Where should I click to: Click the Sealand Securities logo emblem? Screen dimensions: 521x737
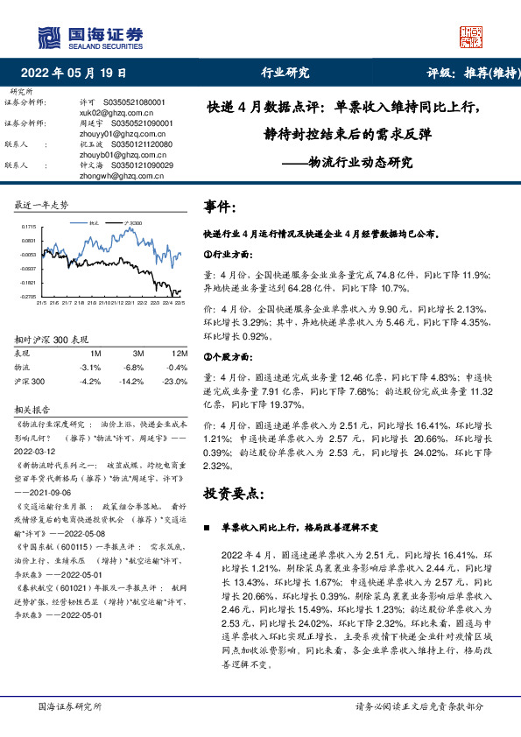(x=51, y=37)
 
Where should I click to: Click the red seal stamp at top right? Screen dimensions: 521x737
(x=470, y=37)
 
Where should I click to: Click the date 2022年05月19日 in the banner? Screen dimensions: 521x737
(x=79, y=74)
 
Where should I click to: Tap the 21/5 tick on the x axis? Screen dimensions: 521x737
(x=40, y=304)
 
